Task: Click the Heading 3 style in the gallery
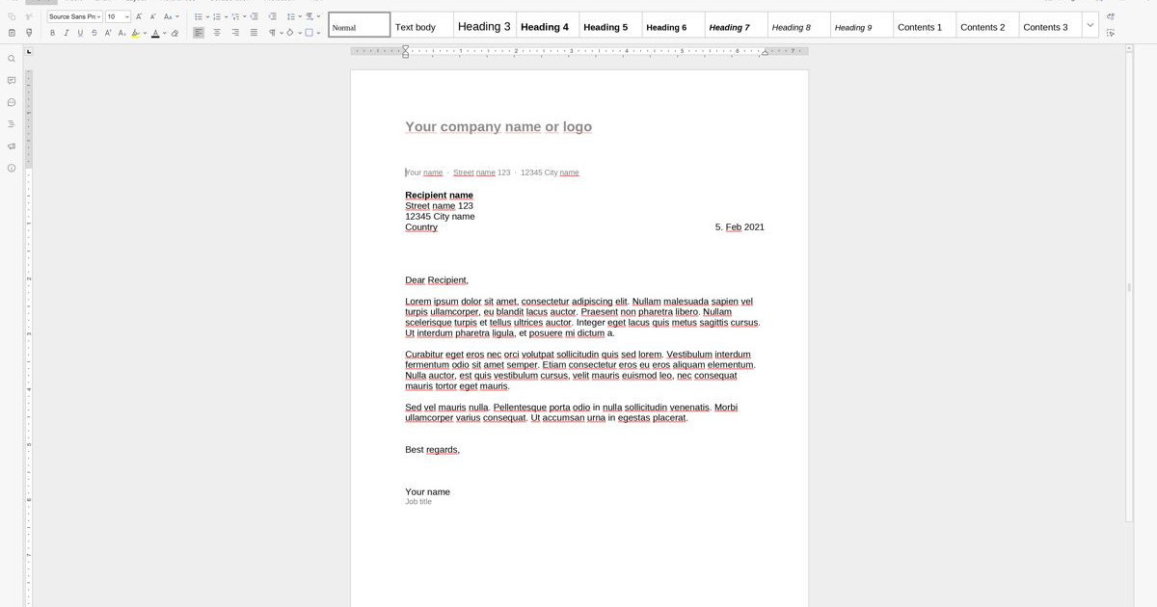click(x=484, y=27)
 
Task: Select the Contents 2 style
click(x=982, y=27)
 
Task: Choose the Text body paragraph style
click(x=416, y=27)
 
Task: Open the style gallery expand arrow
click(x=1090, y=26)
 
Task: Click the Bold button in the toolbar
click(x=52, y=33)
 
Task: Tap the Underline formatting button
click(x=80, y=33)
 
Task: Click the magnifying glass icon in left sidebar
click(x=12, y=59)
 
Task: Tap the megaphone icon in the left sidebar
click(x=12, y=146)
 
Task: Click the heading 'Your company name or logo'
click(x=498, y=127)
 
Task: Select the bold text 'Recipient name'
click(x=439, y=196)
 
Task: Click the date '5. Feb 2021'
click(x=740, y=227)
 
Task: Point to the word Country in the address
click(x=421, y=227)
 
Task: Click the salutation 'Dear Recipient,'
click(x=437, y=280)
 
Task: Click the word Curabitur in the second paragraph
click(x=423, y=355)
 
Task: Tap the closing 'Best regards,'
click(x=432, y=450)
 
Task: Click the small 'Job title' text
click(x=418, y=502)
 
